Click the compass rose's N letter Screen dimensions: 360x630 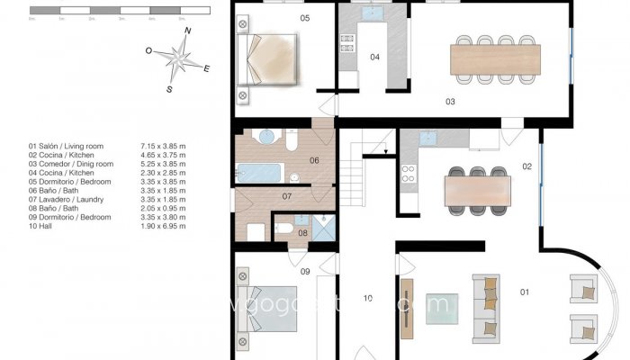188,32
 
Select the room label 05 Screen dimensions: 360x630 305,18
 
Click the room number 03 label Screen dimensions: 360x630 450,102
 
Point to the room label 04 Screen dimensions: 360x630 375,58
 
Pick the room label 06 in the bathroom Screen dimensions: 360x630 314,160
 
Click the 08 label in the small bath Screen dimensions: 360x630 302,233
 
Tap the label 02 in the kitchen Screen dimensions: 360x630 526,166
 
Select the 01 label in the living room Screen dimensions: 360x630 524,292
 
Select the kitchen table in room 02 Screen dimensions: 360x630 478,190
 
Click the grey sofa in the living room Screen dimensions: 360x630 486,307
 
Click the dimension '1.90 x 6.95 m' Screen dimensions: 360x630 163,226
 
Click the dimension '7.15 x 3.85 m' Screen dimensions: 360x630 163,145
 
